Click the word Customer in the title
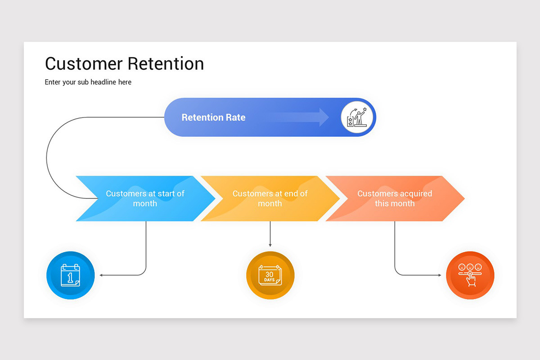[x=84, y=63]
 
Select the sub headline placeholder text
[x=88, y=82]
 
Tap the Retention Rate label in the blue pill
[x=213, y=117]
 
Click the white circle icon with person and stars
[x=357, y=117]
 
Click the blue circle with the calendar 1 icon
[x=71, y=275]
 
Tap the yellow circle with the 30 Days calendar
[x=270, y=275]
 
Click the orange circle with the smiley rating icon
[x=470, y=275]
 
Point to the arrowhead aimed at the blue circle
[x=102, y=275]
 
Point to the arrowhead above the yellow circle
[x=270, y=245]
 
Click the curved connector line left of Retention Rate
[x=47, y=157]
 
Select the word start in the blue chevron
[x=165, y=193]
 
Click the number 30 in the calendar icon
[x=269, y=274]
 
